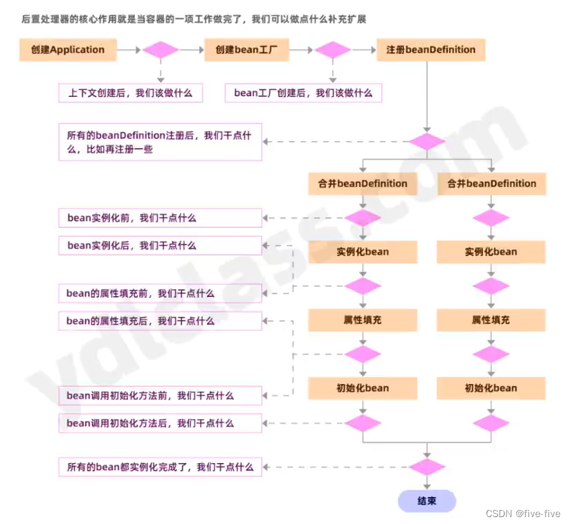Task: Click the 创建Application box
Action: click(x=68, y=50)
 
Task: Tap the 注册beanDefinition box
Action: click(x=431, y=50)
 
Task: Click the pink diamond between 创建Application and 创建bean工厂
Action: click(x=161, y=50)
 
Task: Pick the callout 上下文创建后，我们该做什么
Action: click(x=130, y=93)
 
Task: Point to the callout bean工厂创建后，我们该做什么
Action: click(x=303, y=93)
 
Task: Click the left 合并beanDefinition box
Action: click(x=363, y=183)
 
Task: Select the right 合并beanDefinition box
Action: click(x=491, y=183)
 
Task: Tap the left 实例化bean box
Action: click(x=363, y=252)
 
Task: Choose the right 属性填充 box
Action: click(x=491, y=320)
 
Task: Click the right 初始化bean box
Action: click(x=491, y=388)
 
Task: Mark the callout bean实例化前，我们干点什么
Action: click(x=160, y=218)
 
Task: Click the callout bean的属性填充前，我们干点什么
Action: click(x=160, y=293)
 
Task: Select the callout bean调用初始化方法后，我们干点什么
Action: click(x=160, y=423)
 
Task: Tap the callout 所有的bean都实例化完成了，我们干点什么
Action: click(x=160, y=467)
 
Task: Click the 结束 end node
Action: click(x=427, y=501)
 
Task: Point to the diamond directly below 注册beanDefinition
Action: click(x=427, y=142)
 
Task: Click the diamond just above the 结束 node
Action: click(x=427, y=467)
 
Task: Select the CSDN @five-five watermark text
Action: click(x=523, y=514)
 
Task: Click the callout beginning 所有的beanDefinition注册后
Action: click(x=160, y=143)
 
